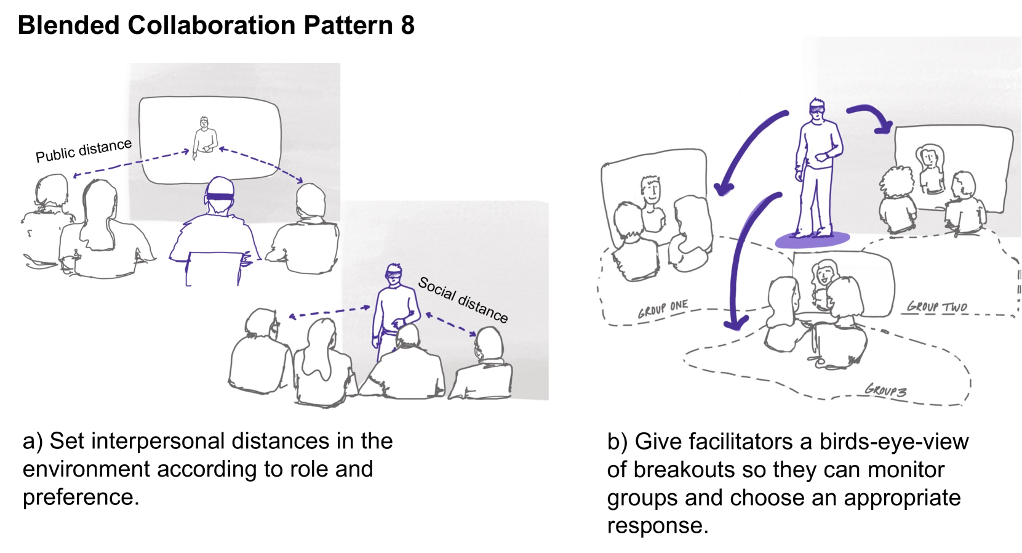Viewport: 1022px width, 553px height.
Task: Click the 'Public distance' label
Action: (84, 150)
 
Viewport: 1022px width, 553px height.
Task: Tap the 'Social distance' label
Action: (463, 300)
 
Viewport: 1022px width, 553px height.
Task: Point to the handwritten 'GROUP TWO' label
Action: (936, 306)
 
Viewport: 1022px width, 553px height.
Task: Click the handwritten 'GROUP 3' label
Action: (885, 390)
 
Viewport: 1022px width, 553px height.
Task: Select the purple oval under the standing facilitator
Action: (812, 240)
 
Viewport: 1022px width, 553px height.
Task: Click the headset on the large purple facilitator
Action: (817, 110)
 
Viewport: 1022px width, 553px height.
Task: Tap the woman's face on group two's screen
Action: (928, 159)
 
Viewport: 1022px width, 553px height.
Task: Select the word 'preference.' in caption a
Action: (81, 497)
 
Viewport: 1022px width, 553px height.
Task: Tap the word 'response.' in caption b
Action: (657, 525)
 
